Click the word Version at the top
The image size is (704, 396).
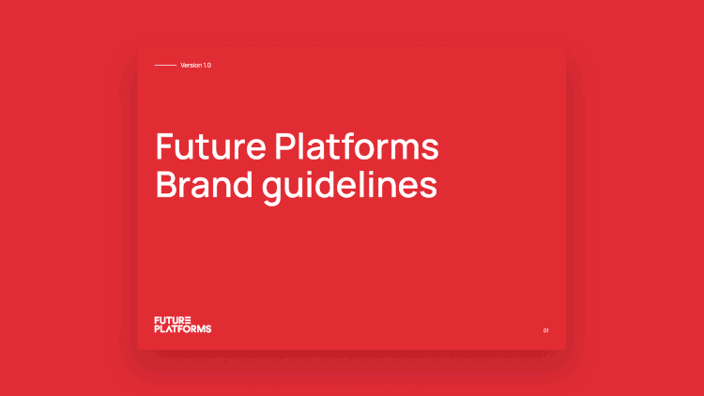click(x=191, y=65)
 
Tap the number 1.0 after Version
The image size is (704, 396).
click(x=207, y=65)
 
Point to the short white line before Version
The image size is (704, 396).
click(x=165, y=65)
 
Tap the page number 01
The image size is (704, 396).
click(x=545, y=330)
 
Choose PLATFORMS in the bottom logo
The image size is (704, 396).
click(x=183, y=329)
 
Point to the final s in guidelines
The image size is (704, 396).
click(x=429, y=186)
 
